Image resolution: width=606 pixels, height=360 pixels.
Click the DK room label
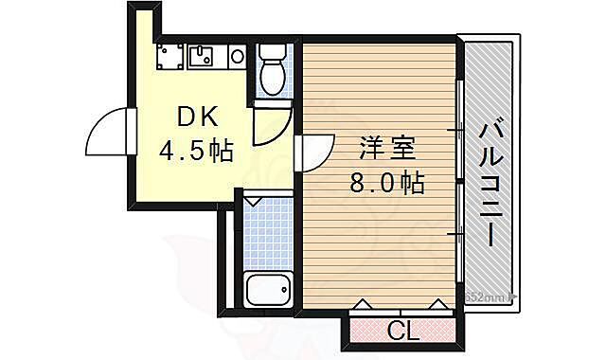pos(198,117)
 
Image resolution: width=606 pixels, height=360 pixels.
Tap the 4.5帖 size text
pos(195,152)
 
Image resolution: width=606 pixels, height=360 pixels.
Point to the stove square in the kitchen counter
pos(170,58)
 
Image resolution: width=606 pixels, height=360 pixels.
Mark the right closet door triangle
pos(437,305)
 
